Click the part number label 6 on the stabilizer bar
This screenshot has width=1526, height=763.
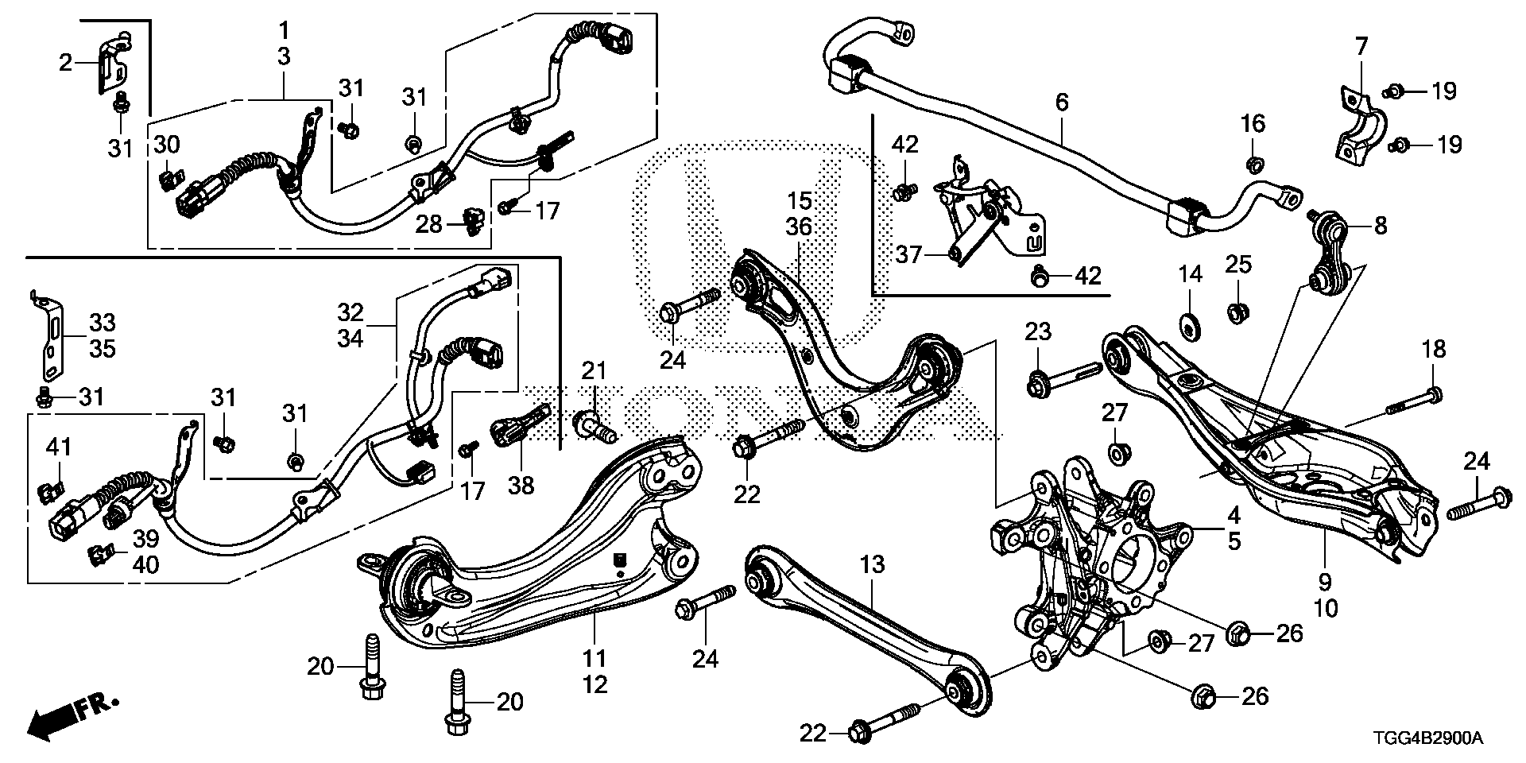coord(1062,102)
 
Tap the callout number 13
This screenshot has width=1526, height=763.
coord(872,566)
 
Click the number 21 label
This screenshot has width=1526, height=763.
coord(593,371)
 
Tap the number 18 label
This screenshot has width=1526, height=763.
coord(1434,350)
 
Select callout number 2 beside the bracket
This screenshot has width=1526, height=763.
coord(66,61)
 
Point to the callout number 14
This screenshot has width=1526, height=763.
coord(1190,276)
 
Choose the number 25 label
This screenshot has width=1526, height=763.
coord(1237,263)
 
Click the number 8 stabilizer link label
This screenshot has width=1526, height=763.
coord(1380,226)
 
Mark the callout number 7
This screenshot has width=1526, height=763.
coord(1361,47)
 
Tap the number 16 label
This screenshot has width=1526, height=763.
coord(1253,124)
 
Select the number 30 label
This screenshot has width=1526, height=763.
coord(167,145)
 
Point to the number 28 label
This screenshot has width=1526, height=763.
coord(429,225)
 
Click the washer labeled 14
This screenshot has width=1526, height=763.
coord(1190,326)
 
